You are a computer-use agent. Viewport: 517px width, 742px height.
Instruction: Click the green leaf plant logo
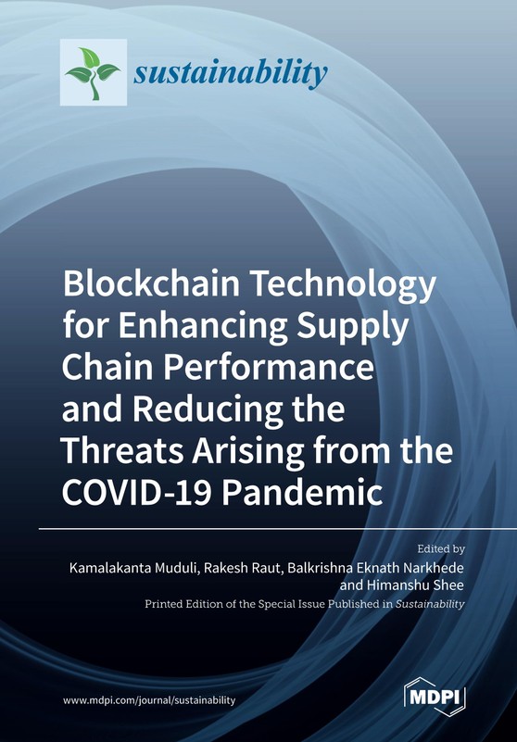(x=94, y=72)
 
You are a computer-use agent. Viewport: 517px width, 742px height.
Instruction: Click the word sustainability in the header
(x=231, y=73)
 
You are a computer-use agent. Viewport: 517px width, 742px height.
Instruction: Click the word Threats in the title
(x=121, y=450)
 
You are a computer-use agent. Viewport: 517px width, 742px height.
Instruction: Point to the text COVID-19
(x=137, y=493)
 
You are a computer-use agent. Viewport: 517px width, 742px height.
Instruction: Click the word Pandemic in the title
(x=303, y=493)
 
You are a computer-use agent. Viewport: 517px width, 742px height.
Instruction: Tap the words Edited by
(x=440, y=549)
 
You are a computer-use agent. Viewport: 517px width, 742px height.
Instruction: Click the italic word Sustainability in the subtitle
(x=430, y=604)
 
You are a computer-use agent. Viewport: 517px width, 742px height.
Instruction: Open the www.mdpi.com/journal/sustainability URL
(x=148, y=701)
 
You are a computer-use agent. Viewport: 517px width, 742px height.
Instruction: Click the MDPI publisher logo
(x=435, y=697)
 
